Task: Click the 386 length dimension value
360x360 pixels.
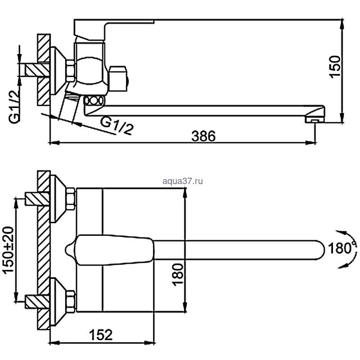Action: [x=203, y=136]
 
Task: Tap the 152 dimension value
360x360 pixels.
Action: [x=101, y=335]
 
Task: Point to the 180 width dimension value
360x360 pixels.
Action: [x=178, y=274]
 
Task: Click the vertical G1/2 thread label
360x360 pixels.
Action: [x=14, y=107]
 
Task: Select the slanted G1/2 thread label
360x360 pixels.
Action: [x=117, y=126]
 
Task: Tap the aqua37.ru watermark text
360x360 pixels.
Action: [x=183, y=181]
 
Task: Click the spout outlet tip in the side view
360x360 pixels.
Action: [x=315, y=119]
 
